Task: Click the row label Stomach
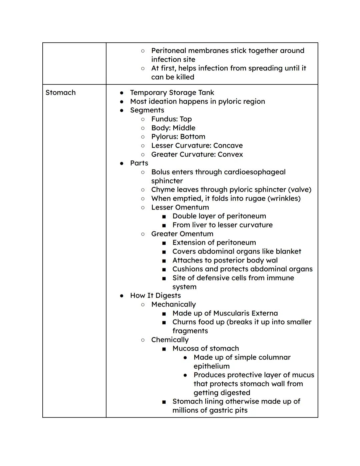pyautogui.click(x=60, y=93)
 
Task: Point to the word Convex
pyautogui.click(x=230, y=154)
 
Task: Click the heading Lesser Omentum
pyautogui.click(x=180, y=207)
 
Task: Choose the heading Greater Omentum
pyautogui.click(x=182, y=234)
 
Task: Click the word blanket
pyautogui.click(x=288, y=252)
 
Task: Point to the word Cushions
pyautogui.click(x=187, y=269)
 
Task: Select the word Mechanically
pyautogui.click(x=173, y=305)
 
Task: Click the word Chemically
pyautogui.click(x=170, y=340)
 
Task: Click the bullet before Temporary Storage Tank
pyautogui.click(x=122, y=93)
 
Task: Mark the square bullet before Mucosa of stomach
pyautogui.click(x=164, y=349)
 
